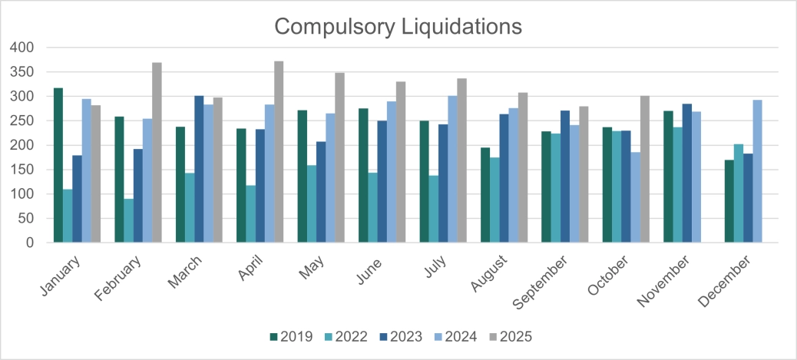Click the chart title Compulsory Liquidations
click(398, 25)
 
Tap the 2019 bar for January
click(58, 165)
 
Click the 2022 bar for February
click(129, 220)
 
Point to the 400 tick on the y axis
click(23, 48)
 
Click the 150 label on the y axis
click(23, 170)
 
